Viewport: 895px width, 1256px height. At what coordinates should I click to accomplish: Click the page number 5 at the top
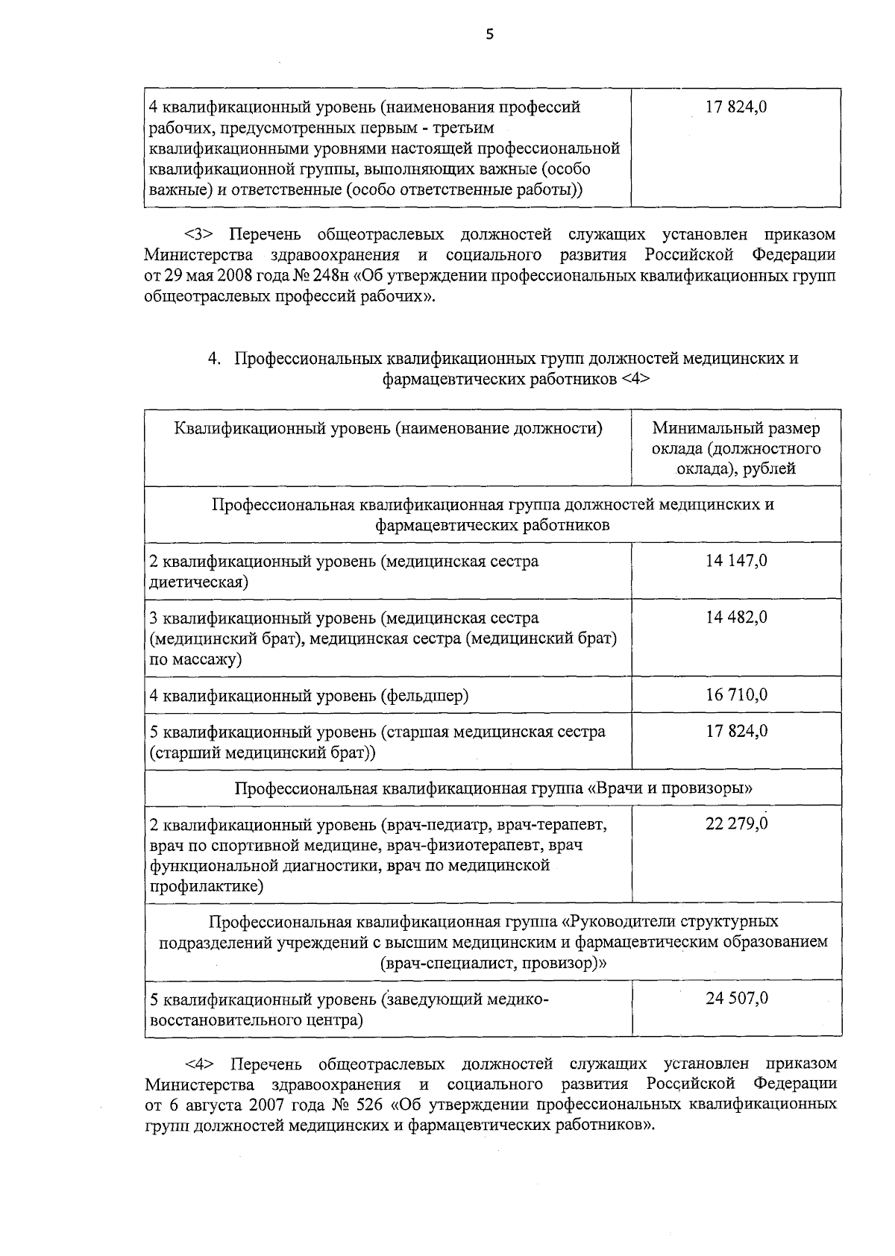489,34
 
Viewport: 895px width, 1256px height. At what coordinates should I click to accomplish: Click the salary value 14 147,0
736,561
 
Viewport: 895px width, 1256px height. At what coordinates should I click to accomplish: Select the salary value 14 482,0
736,618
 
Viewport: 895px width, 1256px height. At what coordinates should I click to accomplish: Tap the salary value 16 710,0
736,695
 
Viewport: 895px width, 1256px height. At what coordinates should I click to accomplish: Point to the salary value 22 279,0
736,823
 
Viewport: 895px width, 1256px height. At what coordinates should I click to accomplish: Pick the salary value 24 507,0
736,998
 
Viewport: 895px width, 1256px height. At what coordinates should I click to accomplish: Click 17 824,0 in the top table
736,107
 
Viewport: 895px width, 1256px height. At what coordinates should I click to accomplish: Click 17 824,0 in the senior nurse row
736,731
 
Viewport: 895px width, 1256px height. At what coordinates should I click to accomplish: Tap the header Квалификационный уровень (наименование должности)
388,428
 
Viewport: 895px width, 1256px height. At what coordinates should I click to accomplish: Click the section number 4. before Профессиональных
214,359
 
